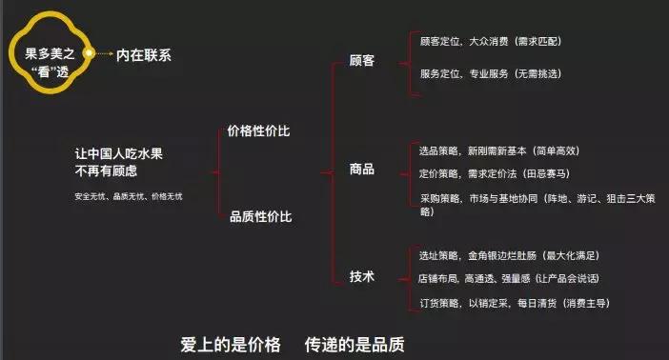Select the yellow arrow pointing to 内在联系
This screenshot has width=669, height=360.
pos(103,53)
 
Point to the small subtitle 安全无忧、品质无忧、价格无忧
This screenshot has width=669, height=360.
pos(128,196)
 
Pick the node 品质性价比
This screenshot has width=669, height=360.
pos(260,217)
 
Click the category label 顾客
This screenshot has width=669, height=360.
pos(362,60)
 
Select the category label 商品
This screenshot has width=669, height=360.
pos(362,170)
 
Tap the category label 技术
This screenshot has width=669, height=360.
pos(362,276)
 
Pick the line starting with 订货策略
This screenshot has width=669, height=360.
pos(515,303)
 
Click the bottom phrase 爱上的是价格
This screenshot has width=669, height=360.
pos(231,342)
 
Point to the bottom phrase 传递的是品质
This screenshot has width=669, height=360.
pos(355,342)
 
